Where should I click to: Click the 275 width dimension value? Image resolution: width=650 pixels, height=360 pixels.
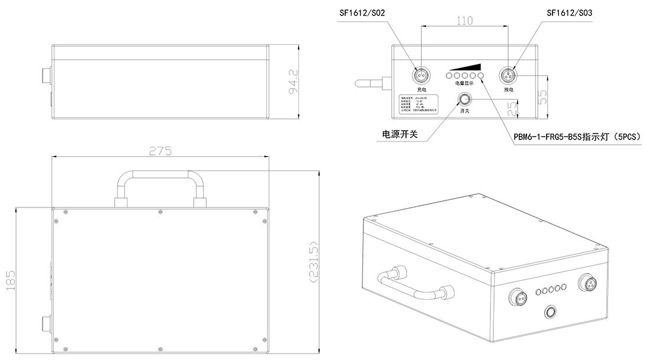coord(160,151)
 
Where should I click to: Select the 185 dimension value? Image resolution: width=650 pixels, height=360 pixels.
coord(10,278)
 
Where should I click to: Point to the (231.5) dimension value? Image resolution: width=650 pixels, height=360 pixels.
coord(314,263)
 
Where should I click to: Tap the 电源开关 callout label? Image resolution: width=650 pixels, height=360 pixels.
coord(400,134)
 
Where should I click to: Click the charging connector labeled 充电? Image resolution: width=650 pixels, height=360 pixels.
coord(421,75)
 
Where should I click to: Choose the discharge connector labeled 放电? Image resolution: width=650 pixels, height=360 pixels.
coord(508,75)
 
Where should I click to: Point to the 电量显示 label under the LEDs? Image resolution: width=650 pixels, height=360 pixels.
coord(464,84)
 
